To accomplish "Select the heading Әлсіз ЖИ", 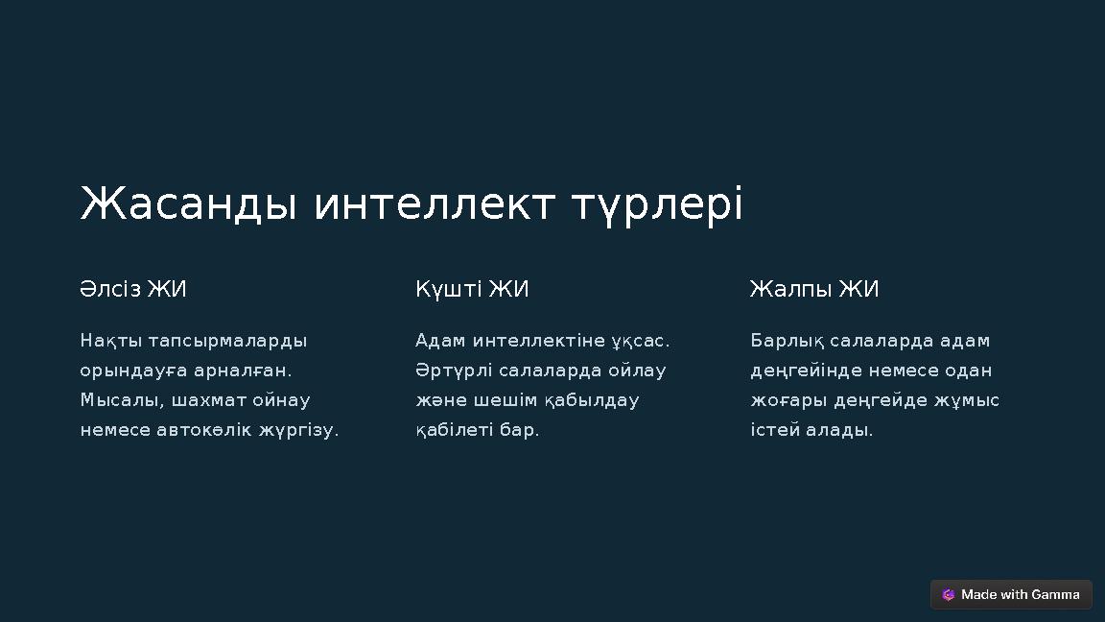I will click(x=133, y=289).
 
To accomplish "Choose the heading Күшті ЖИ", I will click(x=472, y=289).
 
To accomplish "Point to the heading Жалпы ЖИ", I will click(x=813, y=289).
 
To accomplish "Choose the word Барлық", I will click(x=787, y=341).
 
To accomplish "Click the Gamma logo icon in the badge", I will click(x=949, y=595).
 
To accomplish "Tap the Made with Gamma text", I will click(x=1021, y=595).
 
